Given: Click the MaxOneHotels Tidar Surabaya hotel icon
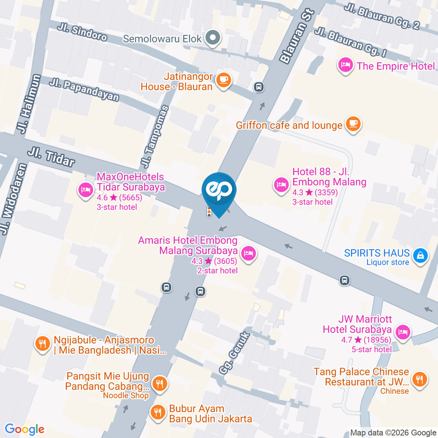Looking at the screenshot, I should [85, 190].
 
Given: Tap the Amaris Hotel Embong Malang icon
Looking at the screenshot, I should [248, 253].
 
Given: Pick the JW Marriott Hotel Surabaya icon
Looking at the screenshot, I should [402, 333].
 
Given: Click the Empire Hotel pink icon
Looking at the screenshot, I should [345, 66].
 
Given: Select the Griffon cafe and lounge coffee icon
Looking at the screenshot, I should [353, 124].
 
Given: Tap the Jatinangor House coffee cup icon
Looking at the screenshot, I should [224, 80].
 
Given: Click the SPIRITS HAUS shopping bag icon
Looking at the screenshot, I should [419, 256].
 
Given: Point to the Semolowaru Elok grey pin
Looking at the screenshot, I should [212, 39].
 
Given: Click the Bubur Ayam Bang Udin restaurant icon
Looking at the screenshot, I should [158, 412].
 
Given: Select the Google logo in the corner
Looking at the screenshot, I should [25, 429].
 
